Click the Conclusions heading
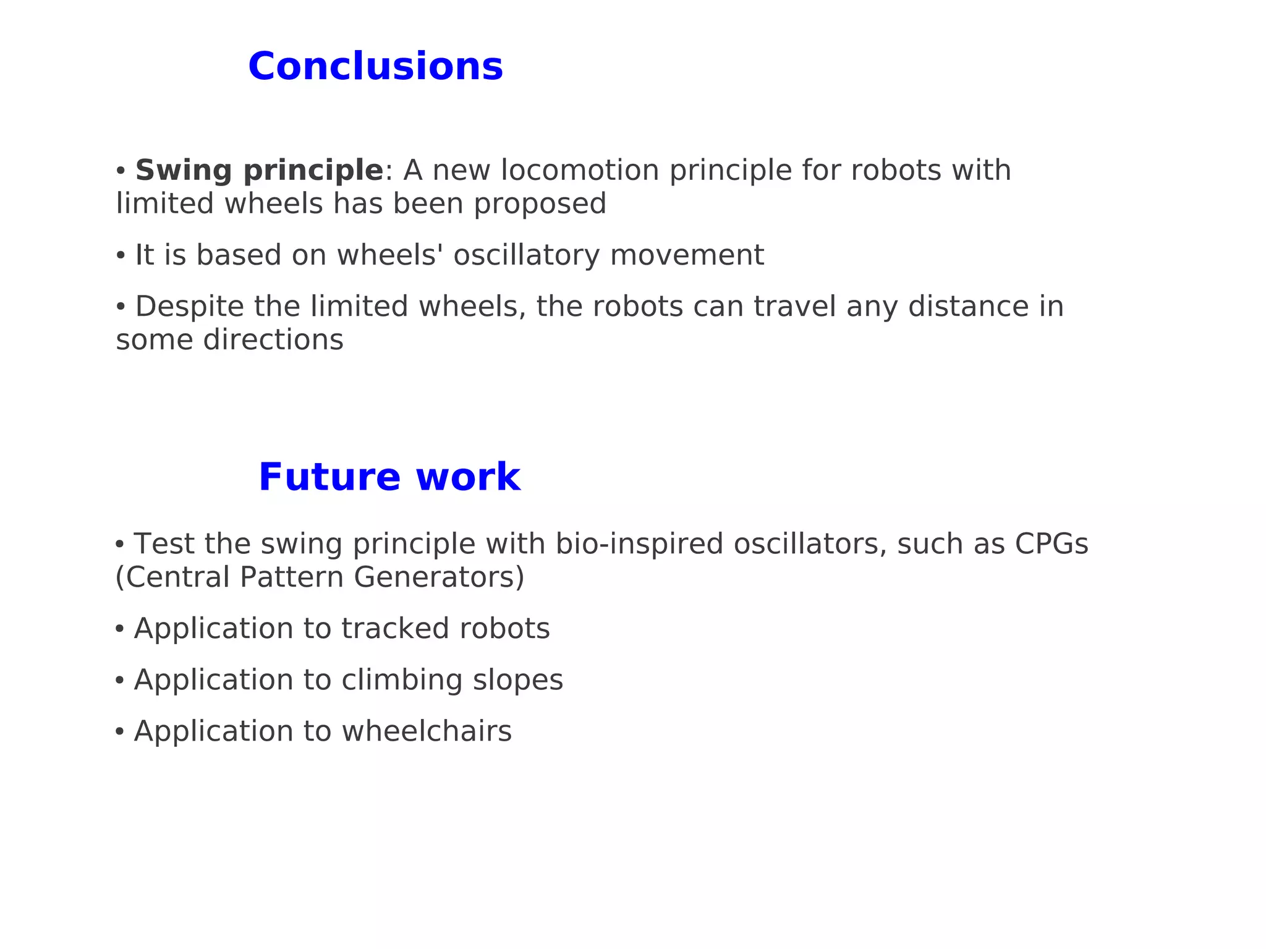pyautogui.click(x=375, y=67)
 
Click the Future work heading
pyautogui.click(x=389, y=477)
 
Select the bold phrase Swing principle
pyautogui.click(x=259, y=171)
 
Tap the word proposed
pyautogui.click(x=540, y=205)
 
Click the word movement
pyautogui.click(x=687, y=255)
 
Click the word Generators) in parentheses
pyautogui.click(x=439, y=577)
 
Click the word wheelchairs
pyautogui.click(x=427, y=731)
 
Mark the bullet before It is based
pyautogui.click(x=121, y=255)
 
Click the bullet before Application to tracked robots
pyautogui.click(x=119, y=629)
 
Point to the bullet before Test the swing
pyautogui.click(x=119, y=544)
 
